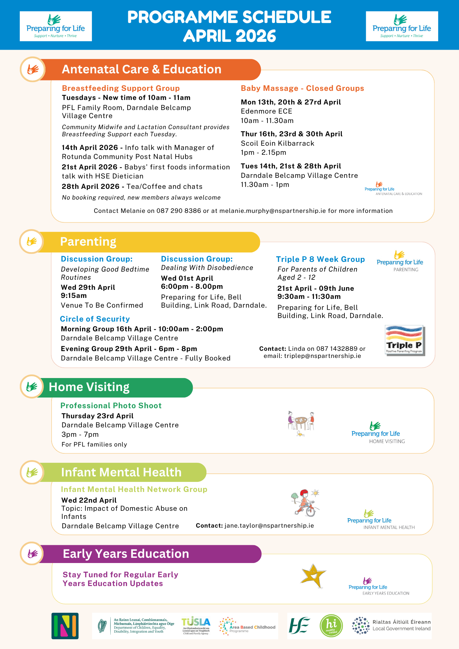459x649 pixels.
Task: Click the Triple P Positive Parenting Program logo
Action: [404, 340]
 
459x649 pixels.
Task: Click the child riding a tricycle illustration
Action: [305, 503]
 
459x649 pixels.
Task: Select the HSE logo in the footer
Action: [299, 625]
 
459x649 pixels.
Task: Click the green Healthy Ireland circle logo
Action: [331, 626]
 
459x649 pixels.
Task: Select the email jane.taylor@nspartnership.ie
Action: [269, 526]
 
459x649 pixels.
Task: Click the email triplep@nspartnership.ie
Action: [322, 356]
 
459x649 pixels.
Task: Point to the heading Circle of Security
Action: [95, 319]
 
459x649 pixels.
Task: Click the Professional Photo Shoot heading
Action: [111, 406]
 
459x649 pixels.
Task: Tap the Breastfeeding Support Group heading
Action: [121, 88]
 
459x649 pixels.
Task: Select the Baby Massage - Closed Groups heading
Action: [302, 88]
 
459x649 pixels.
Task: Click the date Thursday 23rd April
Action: [98, 416]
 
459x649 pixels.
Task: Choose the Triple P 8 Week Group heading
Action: [320, 259]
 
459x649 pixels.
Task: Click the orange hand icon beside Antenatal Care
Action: [33, 69]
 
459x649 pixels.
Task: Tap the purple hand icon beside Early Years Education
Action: [32, 553]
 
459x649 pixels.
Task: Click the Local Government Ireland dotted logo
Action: [361, 625]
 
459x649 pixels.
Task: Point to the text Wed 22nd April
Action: [89, 500]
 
